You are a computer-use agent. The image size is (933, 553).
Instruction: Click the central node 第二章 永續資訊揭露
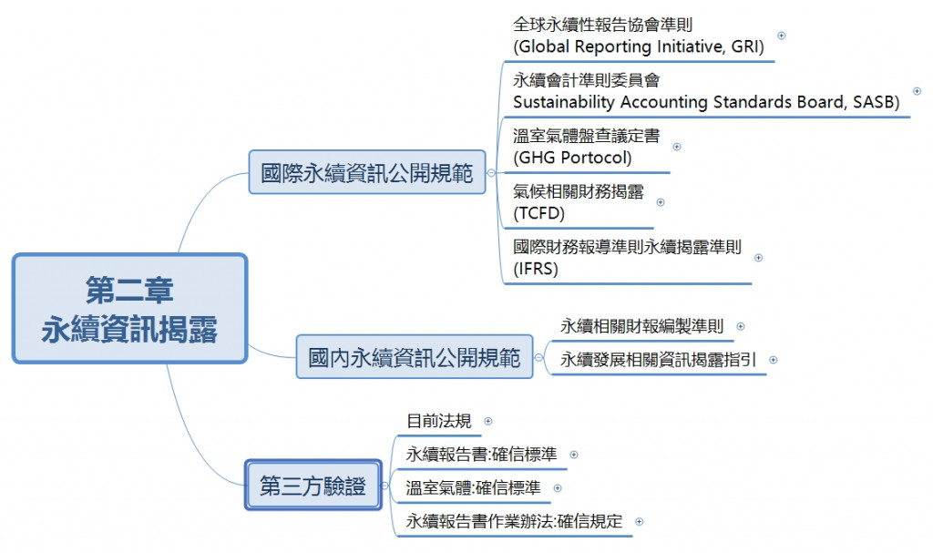click(x=129, y=309)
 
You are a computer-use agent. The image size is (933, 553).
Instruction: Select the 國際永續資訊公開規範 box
click(x=367, y=174)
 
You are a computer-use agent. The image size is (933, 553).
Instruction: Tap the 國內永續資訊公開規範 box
click(x=415, y=357)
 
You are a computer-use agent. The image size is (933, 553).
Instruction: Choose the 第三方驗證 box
click(x=313, y=486)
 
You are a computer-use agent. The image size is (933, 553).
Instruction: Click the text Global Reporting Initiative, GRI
click(x=638, y=46)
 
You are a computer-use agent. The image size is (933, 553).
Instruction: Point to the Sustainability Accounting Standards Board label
click(x=706, y=102)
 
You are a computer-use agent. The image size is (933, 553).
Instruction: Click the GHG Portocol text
click(x=572, y=157)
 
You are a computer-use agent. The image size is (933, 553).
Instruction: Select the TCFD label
click(x=539, y=213)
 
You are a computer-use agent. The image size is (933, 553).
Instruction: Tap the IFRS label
click(x=536, y=269)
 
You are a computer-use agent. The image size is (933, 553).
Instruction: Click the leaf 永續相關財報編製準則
click(x=641, y=326)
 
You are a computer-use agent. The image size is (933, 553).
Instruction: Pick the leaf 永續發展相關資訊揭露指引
click(x=658, y=359)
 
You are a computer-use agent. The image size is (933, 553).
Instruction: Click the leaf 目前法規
click(x=439, y=421)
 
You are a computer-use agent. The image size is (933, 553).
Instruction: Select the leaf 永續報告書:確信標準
click(x=481, y=454)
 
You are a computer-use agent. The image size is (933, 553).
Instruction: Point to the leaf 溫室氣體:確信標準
click(x=473, y=487)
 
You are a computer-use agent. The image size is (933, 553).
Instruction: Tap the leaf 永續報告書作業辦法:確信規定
click(x=514, y=521)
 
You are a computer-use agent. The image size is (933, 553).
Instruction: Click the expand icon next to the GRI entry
click(x=781, y=36)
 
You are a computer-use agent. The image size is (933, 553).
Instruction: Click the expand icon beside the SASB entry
click(x=917, y=91)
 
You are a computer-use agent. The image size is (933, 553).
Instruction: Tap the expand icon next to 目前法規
click(x=487, y=421)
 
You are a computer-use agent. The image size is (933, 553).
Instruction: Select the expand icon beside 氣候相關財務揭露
click(x=661, y=202)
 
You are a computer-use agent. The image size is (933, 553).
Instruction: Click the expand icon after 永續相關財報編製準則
click(x=740, y=326)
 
